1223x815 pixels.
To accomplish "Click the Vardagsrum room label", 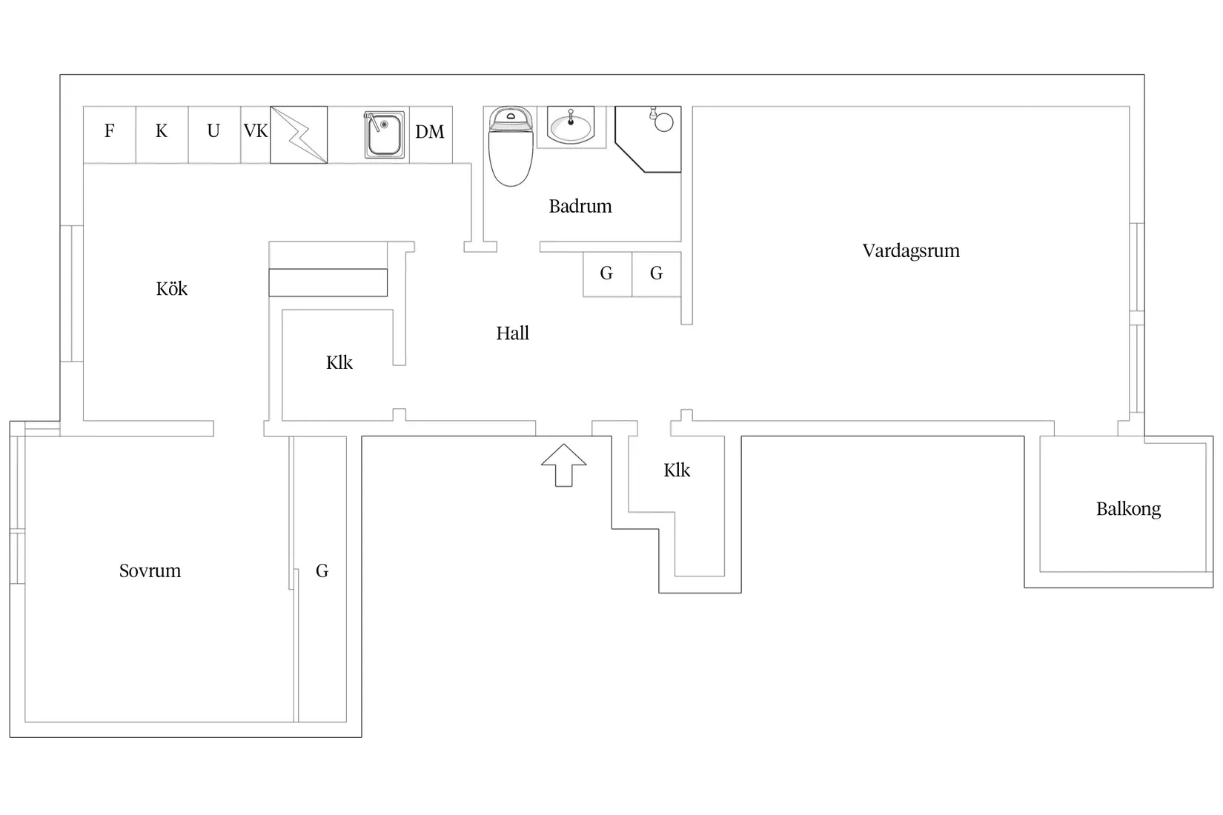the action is coord(911,250).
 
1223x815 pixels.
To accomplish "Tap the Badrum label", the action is coord(580,206).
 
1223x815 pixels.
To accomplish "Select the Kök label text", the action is coord(171,288).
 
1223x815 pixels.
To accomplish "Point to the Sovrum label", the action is coord(150,570).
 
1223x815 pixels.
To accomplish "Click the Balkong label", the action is coord(1128,509).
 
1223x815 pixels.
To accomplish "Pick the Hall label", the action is coord(512,333).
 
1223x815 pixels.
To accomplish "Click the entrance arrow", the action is coord(563,465).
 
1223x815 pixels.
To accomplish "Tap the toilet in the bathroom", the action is coord(511,146).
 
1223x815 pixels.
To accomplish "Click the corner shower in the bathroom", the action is coord(648,139).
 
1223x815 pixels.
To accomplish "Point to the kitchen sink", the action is coord(385,134).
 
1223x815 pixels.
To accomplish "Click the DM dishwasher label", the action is coord(429,132).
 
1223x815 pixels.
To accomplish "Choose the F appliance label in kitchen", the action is coord(109,130).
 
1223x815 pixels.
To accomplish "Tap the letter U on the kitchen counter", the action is coord(213,131).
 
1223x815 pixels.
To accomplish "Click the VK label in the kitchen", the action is coord(256,131).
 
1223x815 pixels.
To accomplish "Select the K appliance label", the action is coord(161,131).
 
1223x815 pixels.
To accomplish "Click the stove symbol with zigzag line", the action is coord(299,135).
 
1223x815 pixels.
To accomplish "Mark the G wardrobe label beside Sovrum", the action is coord(322,570).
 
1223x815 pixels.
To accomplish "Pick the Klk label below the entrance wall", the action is coord(677,470).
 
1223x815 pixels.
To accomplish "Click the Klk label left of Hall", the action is coord(339,362).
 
